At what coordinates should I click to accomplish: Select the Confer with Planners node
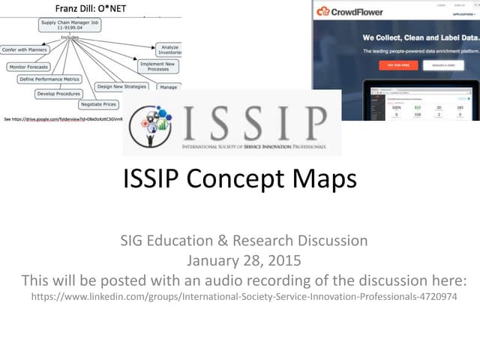point(25,50)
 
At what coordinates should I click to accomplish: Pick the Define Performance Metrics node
point(50,79)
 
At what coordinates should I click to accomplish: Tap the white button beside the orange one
point(442,65)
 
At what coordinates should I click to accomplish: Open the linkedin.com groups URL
point(244,297)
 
